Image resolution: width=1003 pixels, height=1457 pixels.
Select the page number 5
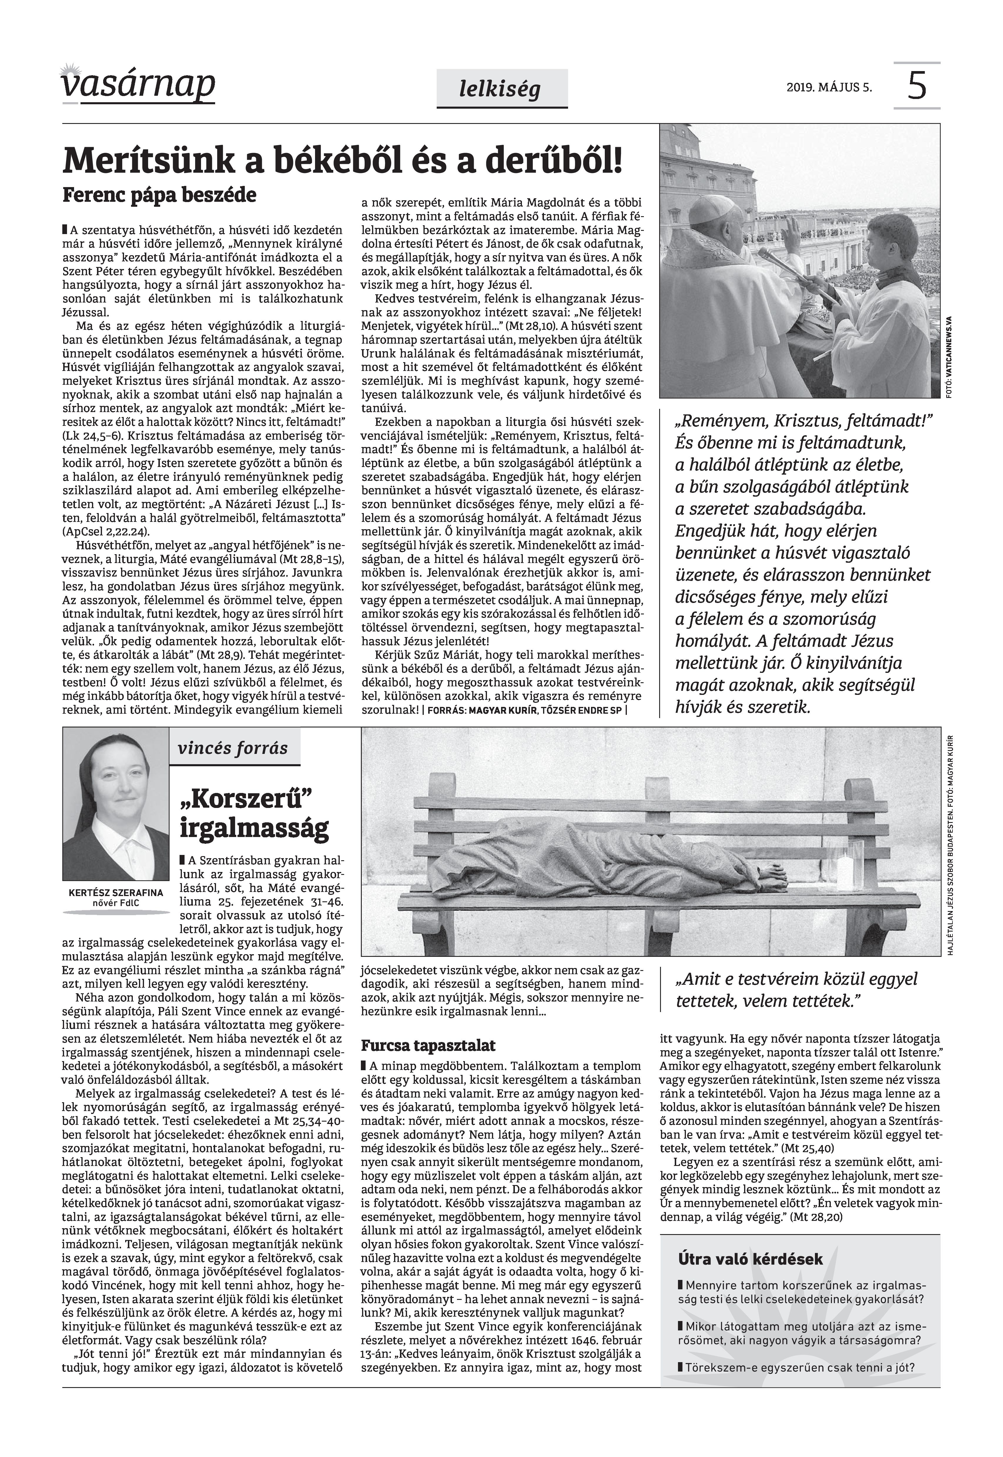pyautogui.click(x=917, y=85)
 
